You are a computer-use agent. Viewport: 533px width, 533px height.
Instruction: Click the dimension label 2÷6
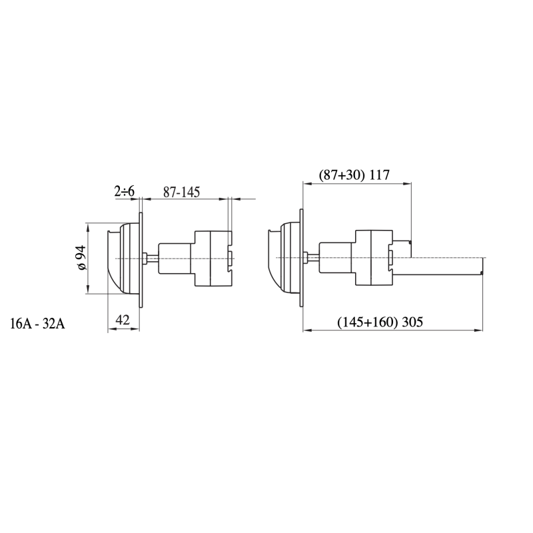tap(125, 192)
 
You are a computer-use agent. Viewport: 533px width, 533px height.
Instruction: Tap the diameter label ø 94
tap(81, 258)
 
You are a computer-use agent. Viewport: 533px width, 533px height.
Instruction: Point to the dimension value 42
tap(122, 320)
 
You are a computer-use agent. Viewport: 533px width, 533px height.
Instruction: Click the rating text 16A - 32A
tap(37, 324)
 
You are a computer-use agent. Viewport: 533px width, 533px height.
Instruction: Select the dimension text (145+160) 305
tap(381, 322)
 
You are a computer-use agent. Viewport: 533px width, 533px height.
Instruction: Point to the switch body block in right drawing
tap(373, 259)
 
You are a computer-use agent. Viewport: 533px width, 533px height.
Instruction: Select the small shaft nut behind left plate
tap(147, 259)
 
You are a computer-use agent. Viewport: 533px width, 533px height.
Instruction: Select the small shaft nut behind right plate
tap(307, 259)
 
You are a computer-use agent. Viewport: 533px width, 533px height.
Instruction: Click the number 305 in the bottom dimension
tap(413, 322)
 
